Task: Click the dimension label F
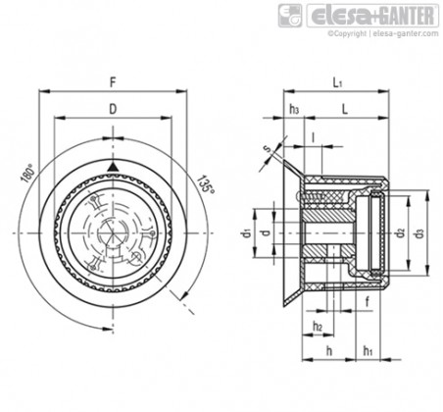tap(113, 82)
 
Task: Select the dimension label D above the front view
tap(113, 109)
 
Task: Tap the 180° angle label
tap(27, 174)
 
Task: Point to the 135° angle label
tap(206, 184)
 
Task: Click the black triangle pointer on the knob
tap(113, 167)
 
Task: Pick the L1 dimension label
tap(338, 82)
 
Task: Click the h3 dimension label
tap(294, 109)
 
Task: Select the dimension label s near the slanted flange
tap(268, 149)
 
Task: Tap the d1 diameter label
tap(247, 233)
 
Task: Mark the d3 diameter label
tap(419, 233)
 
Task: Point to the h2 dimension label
tap(318, 326)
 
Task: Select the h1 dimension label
tap(368, 351)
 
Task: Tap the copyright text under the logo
tap(383, 33)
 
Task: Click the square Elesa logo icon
tap(290, 16)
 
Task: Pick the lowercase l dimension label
tap(313, 137)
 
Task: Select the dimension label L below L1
tap(345, 109)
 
